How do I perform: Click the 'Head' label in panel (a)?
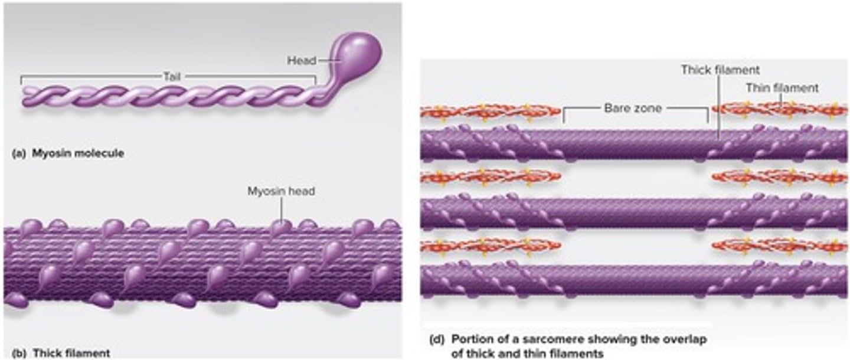click(x=301, y=60)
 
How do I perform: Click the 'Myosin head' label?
click(x=281, y=191)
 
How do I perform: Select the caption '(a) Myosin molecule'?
click(x=67, y=153)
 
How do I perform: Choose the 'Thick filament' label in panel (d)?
click(x=720, y=70)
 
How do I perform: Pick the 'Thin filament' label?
click(x=782, y=88)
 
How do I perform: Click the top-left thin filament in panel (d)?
click(x=490, y=111)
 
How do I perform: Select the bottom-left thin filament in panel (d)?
click(x=490, y=245)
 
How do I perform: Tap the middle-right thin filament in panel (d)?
click(x=779, y=176)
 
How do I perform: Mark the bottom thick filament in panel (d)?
click(x=635, y=281)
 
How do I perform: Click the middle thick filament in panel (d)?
click(x=635, y=213)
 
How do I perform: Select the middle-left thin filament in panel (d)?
click(x=490, y=176)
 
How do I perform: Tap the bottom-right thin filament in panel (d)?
click(x=779, y=245)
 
